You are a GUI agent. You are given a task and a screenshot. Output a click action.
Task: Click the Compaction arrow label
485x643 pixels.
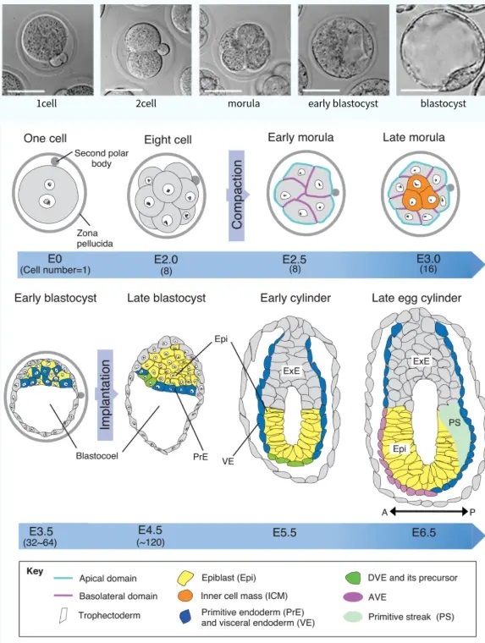tap(237, 195)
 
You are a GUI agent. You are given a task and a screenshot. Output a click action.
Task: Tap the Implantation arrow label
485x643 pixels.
tap(105, 394)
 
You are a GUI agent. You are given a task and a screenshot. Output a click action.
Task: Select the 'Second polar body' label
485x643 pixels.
tap(102, 158)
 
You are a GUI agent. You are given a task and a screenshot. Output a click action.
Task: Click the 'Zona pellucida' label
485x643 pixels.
tap(94, 239)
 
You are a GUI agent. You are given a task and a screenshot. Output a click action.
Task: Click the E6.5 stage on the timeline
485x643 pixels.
tap(424, 533)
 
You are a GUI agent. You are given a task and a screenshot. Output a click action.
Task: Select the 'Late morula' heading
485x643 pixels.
tap(414, 137)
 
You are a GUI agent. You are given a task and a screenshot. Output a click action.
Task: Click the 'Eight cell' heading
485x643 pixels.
tap(168, 140)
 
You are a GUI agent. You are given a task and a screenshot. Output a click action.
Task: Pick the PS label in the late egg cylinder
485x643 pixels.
tap(455, 422)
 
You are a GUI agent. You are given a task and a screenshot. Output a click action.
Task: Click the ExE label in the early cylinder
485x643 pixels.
tap(292, 371)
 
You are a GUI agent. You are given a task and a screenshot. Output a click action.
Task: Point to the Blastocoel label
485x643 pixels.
tap(96, 455)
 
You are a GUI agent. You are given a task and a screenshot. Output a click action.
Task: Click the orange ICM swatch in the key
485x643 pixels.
tap(185, 596)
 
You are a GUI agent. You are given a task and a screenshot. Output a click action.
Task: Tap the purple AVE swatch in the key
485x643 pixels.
tap(352, 596)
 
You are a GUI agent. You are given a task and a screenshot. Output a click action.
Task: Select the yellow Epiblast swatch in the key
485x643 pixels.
tap(185, 578)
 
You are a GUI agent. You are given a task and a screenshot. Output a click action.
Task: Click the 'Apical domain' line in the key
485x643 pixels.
tap(63, 578)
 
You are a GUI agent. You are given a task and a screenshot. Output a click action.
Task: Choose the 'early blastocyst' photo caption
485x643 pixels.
tap(343, 103)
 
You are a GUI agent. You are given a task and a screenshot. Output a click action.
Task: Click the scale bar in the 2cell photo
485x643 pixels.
tap(124, 91)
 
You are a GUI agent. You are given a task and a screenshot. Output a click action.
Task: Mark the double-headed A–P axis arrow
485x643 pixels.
tap(429, 511)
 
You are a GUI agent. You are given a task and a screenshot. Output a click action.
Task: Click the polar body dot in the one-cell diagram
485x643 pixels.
tap(55, 161)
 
